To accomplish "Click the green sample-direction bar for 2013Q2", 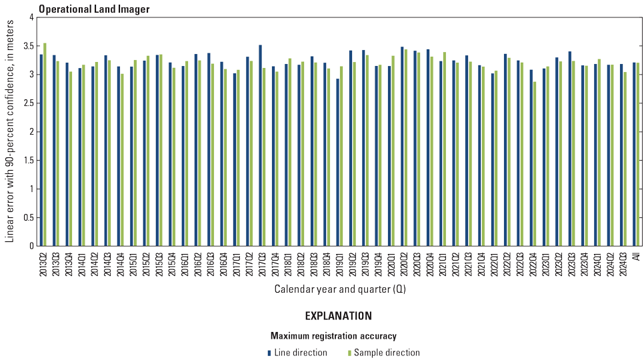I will (45, 145).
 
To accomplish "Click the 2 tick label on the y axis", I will (31, 132).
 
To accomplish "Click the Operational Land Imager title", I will (94, 9).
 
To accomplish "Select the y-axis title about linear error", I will (9, 131).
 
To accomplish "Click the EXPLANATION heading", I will (339, 316).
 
